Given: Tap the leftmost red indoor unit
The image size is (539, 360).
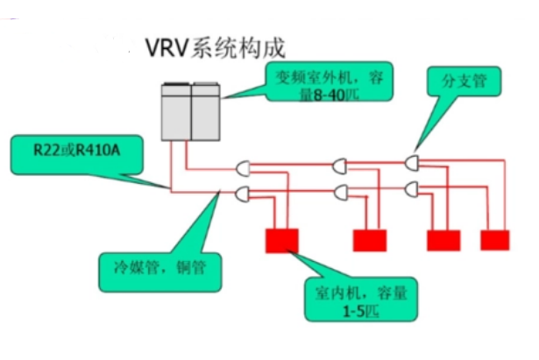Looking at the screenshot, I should [281, 238].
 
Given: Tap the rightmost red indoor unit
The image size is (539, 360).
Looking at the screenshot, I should [495, 238].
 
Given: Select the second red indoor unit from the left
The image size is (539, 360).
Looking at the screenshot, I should [370, 238].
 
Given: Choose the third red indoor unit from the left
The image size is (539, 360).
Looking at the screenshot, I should [443, 238].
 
